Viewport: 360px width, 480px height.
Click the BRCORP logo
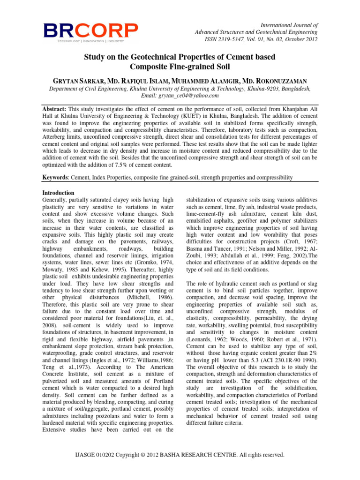91,31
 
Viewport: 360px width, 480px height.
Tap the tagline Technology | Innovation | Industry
90,41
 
